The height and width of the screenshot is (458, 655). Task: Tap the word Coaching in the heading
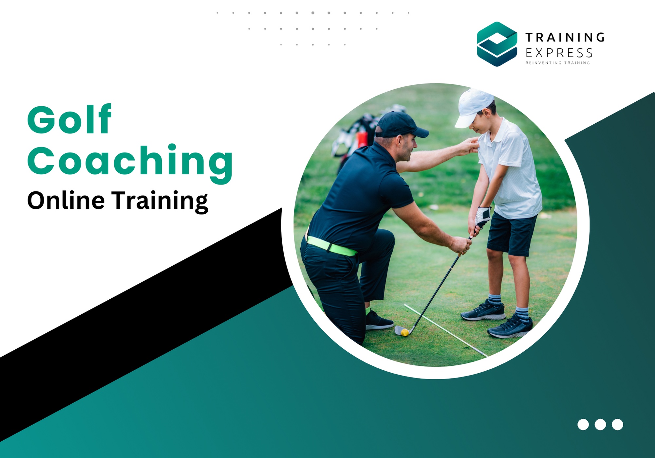point(130,161)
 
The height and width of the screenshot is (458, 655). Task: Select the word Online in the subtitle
point(66,200)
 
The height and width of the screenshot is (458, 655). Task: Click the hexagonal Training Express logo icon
point(497,44)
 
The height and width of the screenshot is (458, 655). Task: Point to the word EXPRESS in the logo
point(559,53)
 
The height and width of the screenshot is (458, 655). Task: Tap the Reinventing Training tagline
point(557,63)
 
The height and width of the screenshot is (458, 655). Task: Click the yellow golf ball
point(405,332)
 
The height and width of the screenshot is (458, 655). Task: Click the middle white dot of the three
point(600,424)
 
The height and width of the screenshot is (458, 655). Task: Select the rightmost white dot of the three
point(617,424)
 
